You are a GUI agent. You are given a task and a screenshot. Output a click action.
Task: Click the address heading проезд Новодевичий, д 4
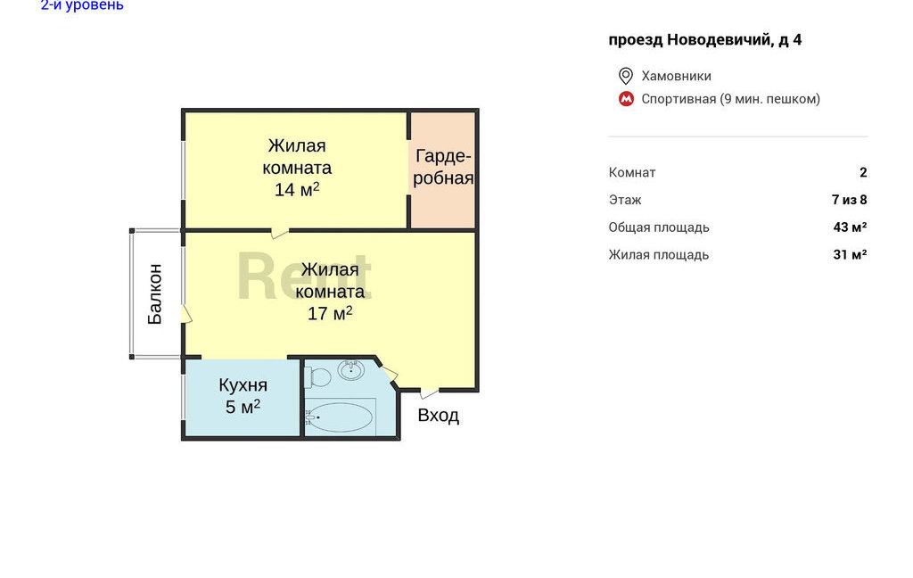[x=705, y=39]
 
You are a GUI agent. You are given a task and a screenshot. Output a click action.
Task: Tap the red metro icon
[x=626, y=99]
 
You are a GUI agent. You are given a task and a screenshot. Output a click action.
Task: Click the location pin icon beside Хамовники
[x=625, y=76]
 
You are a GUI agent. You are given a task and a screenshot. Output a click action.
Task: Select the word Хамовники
[x=676, y=76]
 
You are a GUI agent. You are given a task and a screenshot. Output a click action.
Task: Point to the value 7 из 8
[x=850, y=200]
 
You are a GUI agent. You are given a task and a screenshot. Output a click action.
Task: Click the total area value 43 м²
[x=850, y=227]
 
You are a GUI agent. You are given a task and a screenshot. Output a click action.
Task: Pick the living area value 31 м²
[x=850, y=254]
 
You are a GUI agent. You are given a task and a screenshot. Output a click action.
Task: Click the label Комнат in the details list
[x=632, y=172]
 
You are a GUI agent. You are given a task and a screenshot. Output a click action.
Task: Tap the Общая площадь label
[x=659, y=227]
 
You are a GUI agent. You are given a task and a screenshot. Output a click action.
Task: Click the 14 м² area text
[x=297, y=189]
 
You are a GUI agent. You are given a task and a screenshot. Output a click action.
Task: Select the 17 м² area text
[x=330, y=313]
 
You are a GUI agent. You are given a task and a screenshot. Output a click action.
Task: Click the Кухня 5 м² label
[x=243, y=396]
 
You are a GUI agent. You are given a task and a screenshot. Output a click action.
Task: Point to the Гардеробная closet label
[x=443, y=167]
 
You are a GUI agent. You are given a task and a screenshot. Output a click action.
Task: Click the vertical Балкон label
[x=154, y=293]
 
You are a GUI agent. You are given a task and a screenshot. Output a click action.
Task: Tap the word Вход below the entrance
[x=439, y=416]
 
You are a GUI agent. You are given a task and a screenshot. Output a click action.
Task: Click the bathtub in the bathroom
[x=340, y=417]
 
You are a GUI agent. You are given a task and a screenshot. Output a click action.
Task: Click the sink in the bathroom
[x=351, y=370]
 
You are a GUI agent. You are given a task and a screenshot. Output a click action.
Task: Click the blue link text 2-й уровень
[x=82, y=5]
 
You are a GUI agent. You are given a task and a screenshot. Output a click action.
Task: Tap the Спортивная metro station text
[x=679, y=99]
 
